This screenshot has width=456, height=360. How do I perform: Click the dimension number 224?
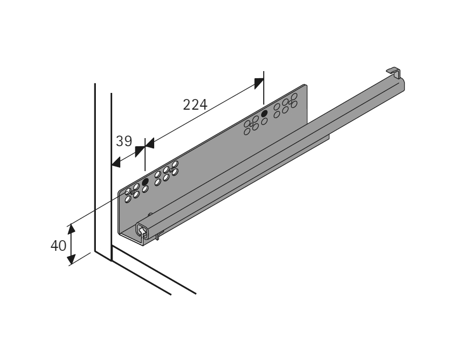(x=195, y=105)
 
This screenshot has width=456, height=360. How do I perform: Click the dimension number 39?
(x=124, y=141)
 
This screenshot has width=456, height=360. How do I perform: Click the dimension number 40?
(x=58, y=246)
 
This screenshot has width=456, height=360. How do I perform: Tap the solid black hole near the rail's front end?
(x=146, y=182)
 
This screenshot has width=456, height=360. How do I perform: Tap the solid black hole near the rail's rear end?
(x=264, y=114)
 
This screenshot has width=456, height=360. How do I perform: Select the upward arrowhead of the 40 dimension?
(x=71, y=229)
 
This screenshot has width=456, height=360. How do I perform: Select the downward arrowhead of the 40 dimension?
(x=71, y=259)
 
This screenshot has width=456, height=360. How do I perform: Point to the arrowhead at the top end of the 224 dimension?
(x=259, y=83)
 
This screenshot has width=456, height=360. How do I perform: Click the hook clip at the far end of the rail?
(x=394, y=73)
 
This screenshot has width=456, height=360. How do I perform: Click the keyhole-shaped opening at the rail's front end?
(x=142, y=232)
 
